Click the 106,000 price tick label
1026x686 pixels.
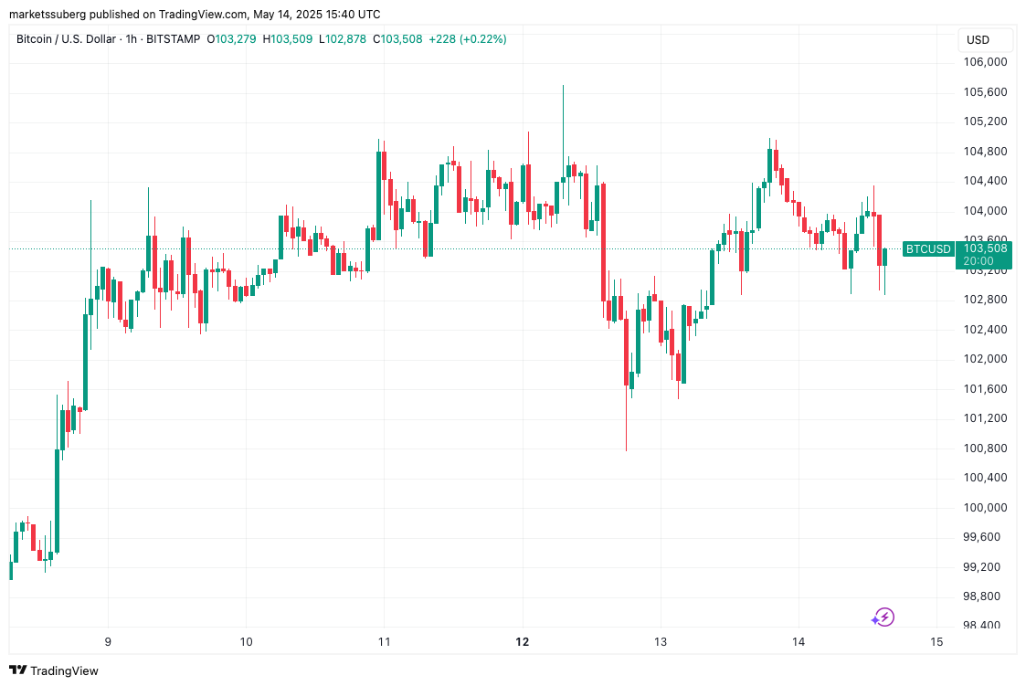pyautogui.click(x=985, y=62)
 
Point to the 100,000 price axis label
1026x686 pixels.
pyautogui.click(x=985, y=508)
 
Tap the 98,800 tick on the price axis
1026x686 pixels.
pyautogui.click(x=985, y=596)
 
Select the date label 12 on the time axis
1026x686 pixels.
pyautogui.click(x=523, y=642)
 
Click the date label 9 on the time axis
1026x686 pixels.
pyautogui.click(x=109, y=642)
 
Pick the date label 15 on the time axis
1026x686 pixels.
pyautogui.click(x=936, y=642)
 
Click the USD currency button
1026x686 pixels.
pyautogui.click(x=978, y=39)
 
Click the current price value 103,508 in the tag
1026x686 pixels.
pyautogui.click(x=985, y=248)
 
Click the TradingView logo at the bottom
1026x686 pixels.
pyautogui.click(x=54, y=670)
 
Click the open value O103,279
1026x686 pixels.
pyautogui.click(x=233, y=39)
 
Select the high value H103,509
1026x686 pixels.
pyautogui.click(x=289, y=39)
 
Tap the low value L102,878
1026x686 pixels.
pyautogui.click(x=343, y=39)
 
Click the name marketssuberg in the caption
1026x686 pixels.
pyautogui.click(x=48, y=14)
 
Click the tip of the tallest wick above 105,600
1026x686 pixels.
pyautogui.click(x=563, y=86)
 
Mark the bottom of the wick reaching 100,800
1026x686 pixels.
pyautogui.click(x=626, y=449)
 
